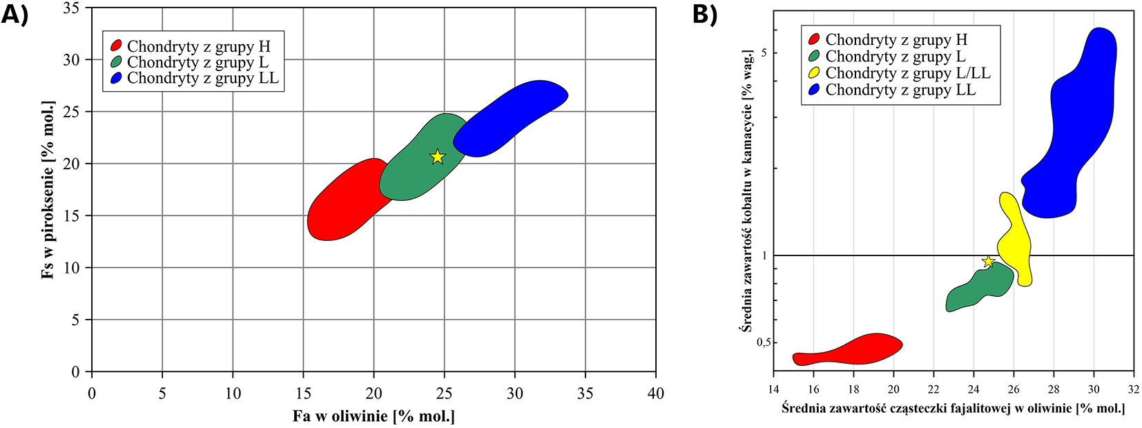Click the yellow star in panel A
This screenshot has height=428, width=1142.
[437, 157]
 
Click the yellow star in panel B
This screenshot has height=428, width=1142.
[988, 262]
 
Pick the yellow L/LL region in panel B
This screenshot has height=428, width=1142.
[1014, 239]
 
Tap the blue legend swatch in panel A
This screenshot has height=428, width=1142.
[115, 79]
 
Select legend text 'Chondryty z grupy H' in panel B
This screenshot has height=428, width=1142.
[896, 40]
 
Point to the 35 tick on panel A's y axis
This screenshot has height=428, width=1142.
[72, 8]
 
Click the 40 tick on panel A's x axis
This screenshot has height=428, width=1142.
[655, 393]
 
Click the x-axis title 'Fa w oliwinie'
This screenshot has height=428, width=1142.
[374, 416]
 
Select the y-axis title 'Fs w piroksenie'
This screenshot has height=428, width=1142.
[48, 190]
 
